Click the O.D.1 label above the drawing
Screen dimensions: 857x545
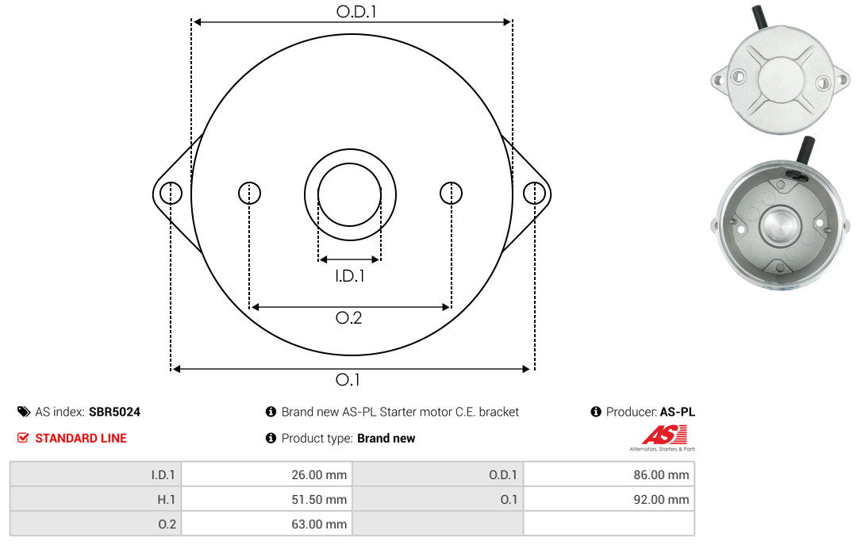pyautogui.click(x=356, y=11)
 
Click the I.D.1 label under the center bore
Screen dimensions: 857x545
pyautogui.click(x=350, y=276)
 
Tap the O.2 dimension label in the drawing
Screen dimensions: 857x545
pyautogui.click(x=348, y=317)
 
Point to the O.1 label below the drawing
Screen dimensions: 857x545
pyautogui.click(x=348, y=379)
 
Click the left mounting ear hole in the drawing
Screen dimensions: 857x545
pyautogui.click(x=171, y=193)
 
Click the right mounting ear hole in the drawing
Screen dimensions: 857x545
pyautogui.click(x=534, y=193)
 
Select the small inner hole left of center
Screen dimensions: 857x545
pyautogui.click(x=250, y=193)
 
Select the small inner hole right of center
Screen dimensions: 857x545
pyautogui.click(x=451, y=193)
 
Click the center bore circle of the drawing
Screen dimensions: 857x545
pyautogui.click(x=318, y=194)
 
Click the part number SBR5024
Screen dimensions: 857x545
pyautogui.click(x=115, y=412)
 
